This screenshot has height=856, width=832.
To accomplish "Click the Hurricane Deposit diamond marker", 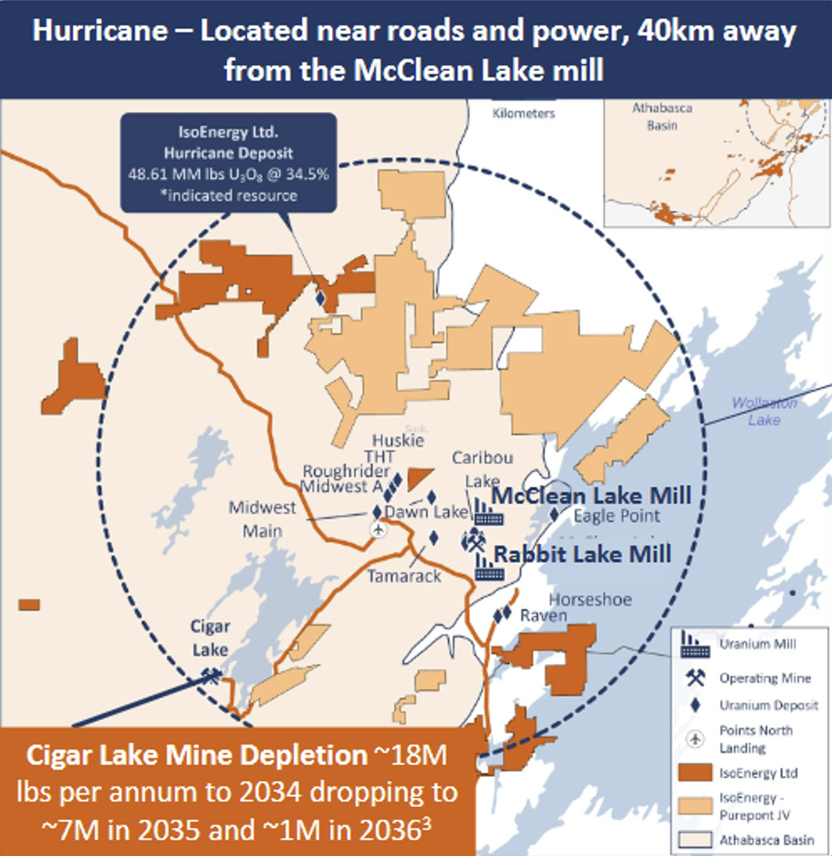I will [320, 298].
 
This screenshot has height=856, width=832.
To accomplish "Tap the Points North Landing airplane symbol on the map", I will [379, 530].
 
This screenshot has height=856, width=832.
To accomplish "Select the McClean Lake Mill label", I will [591, 496].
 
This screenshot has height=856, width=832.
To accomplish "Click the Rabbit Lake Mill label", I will [582, 554].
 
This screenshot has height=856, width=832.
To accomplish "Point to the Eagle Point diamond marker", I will [554, 515].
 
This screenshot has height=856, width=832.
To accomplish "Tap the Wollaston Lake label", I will [764, 411].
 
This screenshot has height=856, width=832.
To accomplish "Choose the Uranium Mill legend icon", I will [694, 644].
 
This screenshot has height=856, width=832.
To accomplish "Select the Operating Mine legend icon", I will [695, 678].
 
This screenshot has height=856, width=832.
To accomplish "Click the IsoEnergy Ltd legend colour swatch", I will [695, 773].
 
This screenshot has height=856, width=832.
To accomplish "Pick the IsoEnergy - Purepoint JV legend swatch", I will [695, 806].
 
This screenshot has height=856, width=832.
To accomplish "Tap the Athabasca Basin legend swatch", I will [695, 840].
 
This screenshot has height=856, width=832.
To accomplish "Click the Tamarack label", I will [404, 576].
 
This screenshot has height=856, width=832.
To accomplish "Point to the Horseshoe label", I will [590, 599].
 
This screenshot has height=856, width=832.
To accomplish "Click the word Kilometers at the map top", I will [523, 113].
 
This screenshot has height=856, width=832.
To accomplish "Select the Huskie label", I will [398, 439].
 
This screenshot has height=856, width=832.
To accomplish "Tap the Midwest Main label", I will [262, 519].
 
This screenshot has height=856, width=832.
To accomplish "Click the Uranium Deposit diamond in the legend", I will [695, 705].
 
